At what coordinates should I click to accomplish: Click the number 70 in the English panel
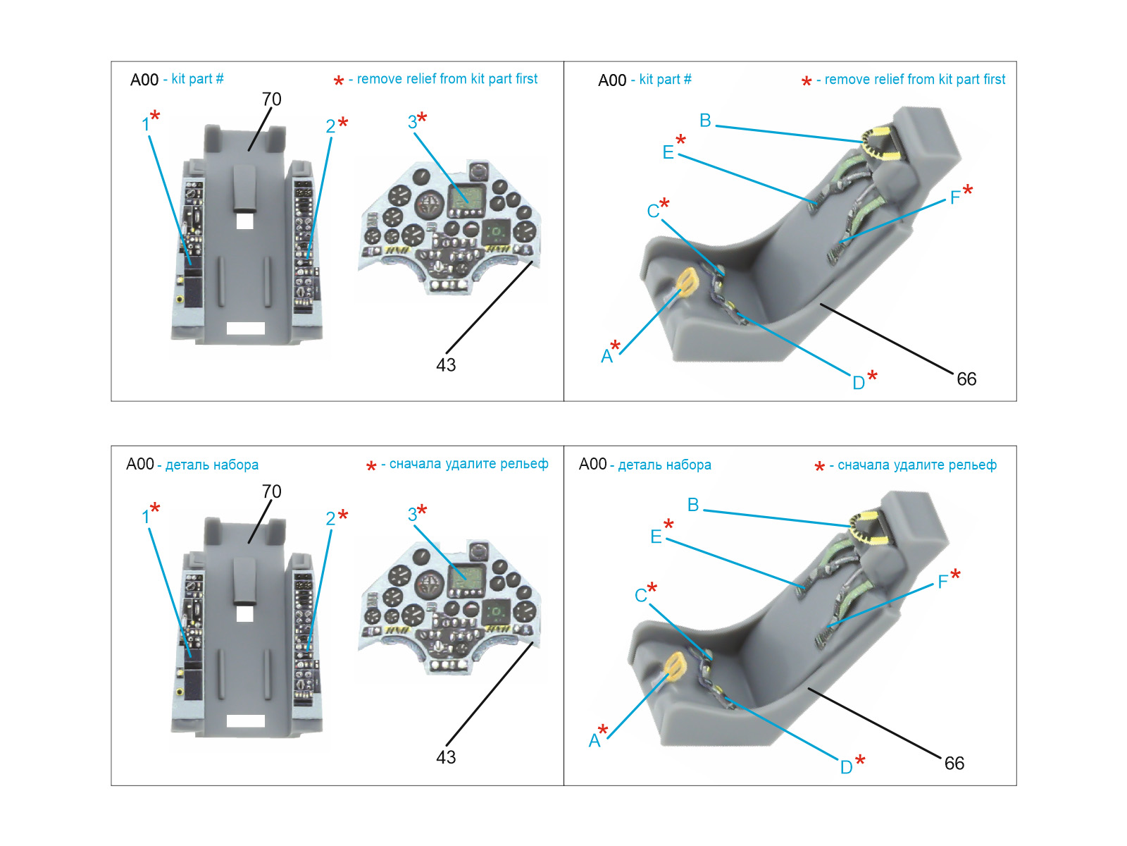pos(271,99)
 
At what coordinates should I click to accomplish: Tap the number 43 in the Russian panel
pos(446,757)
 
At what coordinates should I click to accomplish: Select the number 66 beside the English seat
pos(966,379)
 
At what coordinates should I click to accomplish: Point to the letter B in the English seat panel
pos(705,121)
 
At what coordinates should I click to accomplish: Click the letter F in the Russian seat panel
pos(942,582)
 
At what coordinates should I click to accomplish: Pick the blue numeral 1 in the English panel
pos(146,125)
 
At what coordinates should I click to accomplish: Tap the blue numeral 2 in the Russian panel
pos(330,519)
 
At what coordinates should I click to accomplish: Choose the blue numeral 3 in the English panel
pos(412,122)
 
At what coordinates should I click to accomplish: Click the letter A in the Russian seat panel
pos(594,740)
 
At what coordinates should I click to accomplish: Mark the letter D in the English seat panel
pos(859,383)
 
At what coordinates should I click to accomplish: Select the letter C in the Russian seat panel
pos(640,596)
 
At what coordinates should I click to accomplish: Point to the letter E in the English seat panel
pos(668,152)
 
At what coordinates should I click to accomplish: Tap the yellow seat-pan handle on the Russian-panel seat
pos(675,663)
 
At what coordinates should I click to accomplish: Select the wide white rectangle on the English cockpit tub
pos(245,328)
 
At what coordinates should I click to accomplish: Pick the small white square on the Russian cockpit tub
pos(244,613)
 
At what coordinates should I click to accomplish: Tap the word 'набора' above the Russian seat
pos(689,465)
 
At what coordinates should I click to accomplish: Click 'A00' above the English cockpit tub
pos(144,80)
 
